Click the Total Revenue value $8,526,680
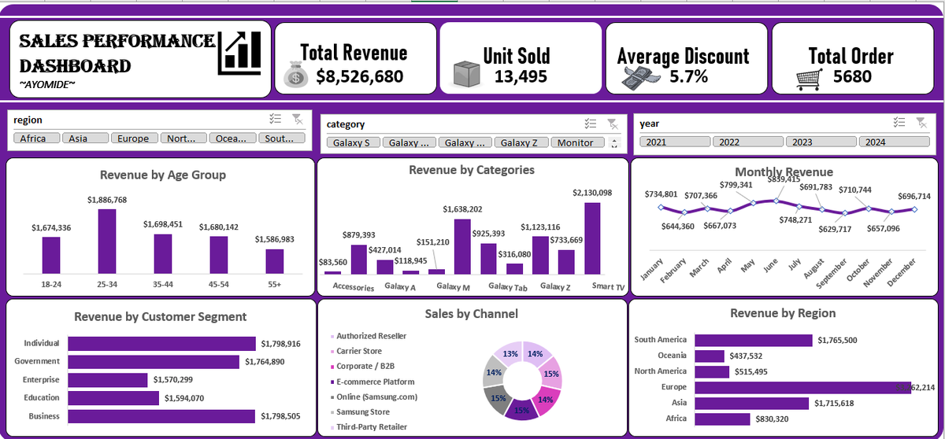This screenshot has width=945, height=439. pos(360,76)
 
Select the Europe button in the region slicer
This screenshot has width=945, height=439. pos(133,138)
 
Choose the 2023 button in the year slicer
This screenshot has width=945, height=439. pos(820,142)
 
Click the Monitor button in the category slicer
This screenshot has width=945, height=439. pos(576,142)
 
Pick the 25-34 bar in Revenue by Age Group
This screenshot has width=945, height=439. pos(107,241)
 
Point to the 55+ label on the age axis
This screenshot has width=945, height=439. pos(274,284)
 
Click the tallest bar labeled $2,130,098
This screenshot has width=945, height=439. pos(592,238)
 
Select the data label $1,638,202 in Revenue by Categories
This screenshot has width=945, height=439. pos(462,209)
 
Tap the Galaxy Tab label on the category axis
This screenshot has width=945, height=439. pos(507,287)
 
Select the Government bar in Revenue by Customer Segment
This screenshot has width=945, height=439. pos(153,361)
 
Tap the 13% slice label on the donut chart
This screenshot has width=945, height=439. pos(510,354)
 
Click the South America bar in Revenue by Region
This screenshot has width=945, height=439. pos(753,340)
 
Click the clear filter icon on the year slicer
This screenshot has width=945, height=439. pos(921,122)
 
